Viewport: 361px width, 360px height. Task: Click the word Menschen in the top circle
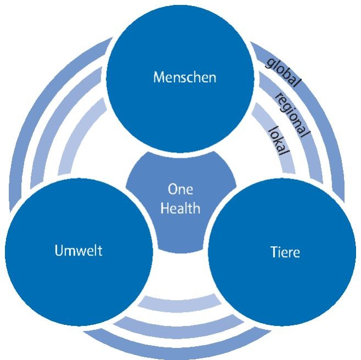[184, 77]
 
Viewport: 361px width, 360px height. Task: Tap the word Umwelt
[79, 251]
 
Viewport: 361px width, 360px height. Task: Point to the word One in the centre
[180, 189]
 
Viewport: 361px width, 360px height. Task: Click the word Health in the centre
[180, 208]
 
